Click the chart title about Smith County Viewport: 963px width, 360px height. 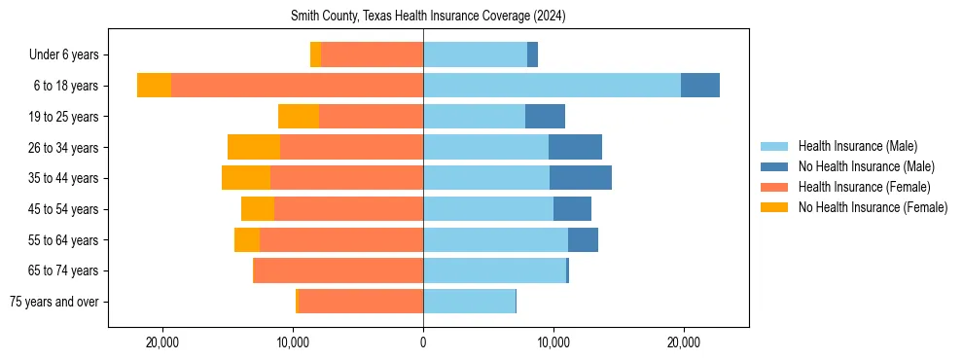click(x=428, y=17)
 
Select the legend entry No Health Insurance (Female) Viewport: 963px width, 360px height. click(x=873, y=207)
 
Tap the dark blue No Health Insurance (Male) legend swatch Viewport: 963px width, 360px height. click(x=774, y=166)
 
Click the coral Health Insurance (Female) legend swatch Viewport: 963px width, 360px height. click(x=774, y=187)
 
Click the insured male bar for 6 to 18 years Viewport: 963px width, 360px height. click(x=552, y=86)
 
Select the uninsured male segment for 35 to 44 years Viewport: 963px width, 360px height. click(x=581, y=178)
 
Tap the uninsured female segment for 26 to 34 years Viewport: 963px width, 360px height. click(x=254, y=147)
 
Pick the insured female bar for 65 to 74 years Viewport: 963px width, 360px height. click(x=339, y=270)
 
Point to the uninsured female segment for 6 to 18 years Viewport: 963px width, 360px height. click(x=154, y=86)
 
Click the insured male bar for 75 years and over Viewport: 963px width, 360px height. click(x=469, y=302)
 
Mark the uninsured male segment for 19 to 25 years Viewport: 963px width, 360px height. click(x=545, y=117)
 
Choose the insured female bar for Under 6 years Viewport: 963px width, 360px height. click(x=372, y=55)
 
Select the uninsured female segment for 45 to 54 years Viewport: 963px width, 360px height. click(x=258, y=209)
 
